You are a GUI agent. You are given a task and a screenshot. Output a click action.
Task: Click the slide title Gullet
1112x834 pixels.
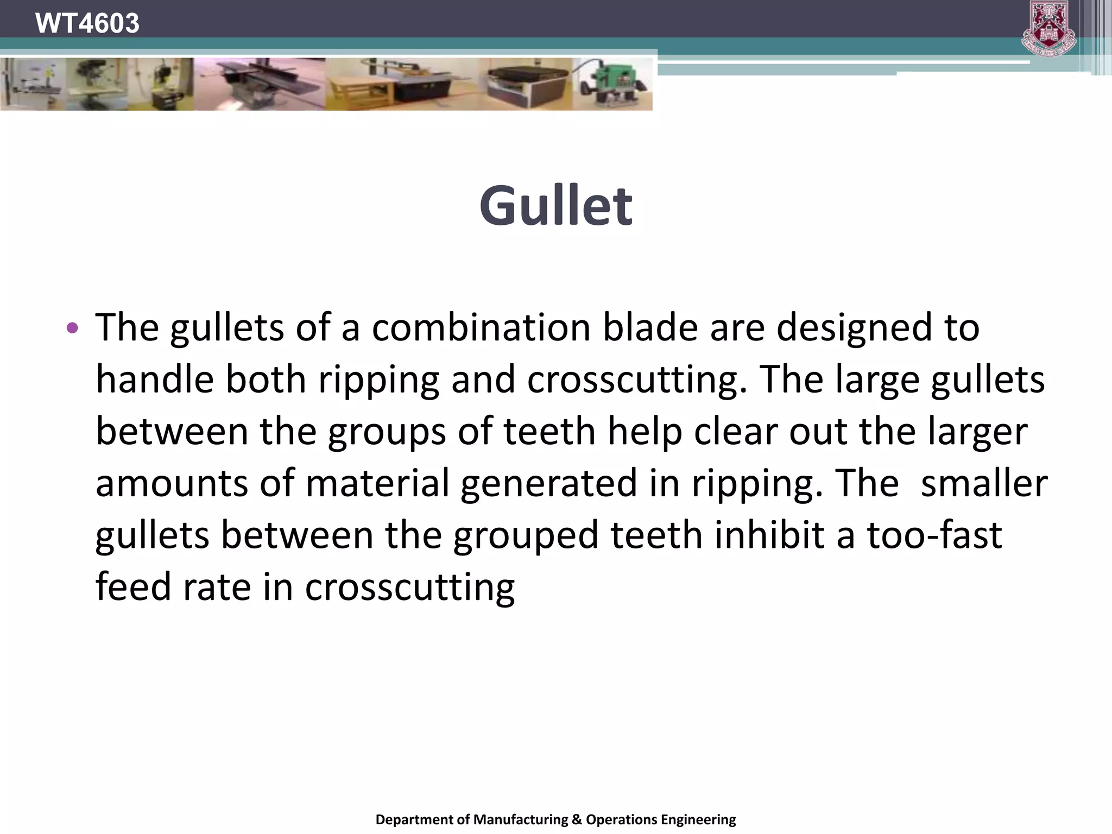[x=555, y=206]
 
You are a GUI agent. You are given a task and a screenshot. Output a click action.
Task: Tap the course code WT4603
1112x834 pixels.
[x=87, y=23]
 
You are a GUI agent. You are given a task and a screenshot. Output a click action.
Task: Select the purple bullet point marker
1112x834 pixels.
[x=72, y=328]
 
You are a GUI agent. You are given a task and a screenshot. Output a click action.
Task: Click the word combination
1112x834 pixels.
[x=481, y=328]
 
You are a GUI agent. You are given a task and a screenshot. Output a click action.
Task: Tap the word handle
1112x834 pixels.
[x=155, y=379]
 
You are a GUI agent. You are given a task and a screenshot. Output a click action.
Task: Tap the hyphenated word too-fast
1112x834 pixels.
[x=934, y=535]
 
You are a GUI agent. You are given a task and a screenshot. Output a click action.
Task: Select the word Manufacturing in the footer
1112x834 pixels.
[x=520, y=819]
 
